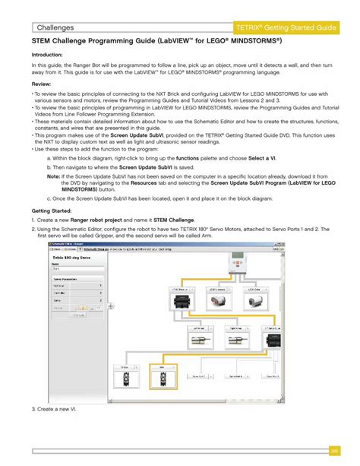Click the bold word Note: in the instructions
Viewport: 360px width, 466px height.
53,174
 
